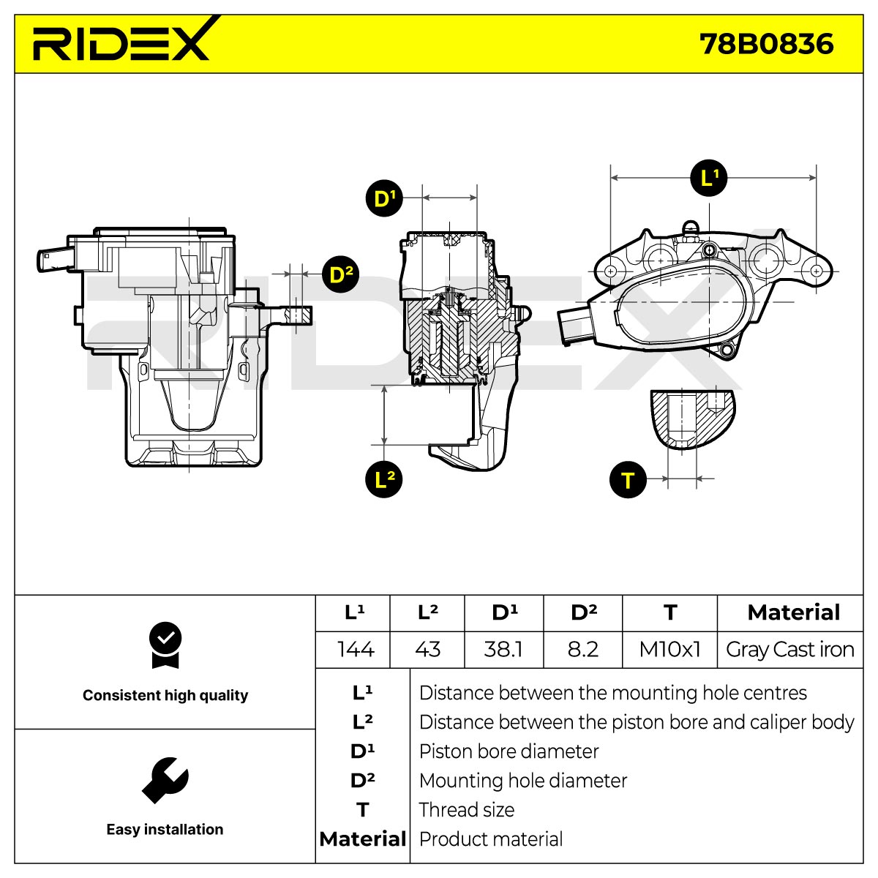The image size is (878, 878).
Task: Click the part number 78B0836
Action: (x=766, y=45)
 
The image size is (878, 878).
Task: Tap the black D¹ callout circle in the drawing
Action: (x=384, y=198)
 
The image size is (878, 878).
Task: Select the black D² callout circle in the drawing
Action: (x=340, y=274)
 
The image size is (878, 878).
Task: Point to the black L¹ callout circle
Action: (x=708, y=178)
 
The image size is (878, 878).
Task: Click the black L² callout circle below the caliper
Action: (x=384, y=479)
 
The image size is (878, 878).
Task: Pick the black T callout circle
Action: (x=628, y=479)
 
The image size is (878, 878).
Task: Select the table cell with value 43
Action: (x=427, y=649)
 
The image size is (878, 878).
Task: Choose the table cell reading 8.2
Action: (x=582, y=649)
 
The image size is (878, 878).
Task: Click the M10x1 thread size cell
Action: (x=669, y=649)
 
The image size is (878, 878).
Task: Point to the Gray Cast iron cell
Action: (x=789, y=650)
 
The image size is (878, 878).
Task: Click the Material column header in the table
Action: (x=794, y=612)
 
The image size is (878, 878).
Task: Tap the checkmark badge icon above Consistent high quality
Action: (x=165, y=645)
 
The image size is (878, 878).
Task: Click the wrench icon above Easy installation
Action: (x=165, y=781)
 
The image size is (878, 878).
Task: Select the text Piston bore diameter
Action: (x=509, y=751)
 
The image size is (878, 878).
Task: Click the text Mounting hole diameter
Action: (x=523, y=781)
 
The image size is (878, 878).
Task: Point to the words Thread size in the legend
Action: (x=467, y=810)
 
